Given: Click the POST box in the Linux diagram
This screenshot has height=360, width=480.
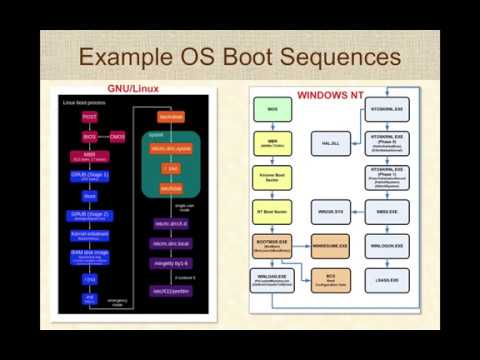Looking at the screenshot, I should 90,118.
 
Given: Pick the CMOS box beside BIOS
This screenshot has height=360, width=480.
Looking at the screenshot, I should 117,136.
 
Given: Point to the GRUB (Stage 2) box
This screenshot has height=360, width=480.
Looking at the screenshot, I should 90,215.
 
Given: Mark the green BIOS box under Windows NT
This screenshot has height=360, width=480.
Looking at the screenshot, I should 272,108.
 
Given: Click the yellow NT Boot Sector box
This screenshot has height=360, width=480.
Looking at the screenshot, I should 272,212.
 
